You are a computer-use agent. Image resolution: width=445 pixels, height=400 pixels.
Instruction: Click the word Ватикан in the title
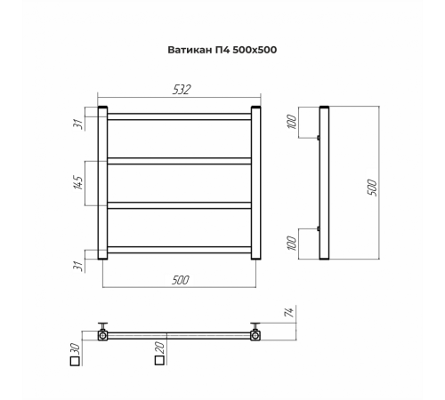pyautogui.click(x=190, y=50)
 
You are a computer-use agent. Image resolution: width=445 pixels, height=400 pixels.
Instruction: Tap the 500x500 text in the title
pyautogui.click(x=255, y=50)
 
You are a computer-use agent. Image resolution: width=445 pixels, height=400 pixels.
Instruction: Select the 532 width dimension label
pyautogui.click(x=182, y=90)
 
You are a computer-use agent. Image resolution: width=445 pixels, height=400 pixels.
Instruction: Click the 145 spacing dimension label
pyautogui.click(x=78, y=182)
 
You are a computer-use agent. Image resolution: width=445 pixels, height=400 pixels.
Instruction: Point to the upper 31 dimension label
pyautogui.click(x=77, y=124)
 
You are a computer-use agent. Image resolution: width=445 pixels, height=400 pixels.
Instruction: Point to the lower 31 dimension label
pyautogui.click(x=77, y=266)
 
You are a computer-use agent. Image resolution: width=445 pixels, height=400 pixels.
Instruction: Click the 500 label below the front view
pyautogui.click(x=181, y=280)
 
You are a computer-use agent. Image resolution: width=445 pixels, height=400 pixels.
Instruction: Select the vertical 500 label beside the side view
pyautogui.click(x=372, y=188)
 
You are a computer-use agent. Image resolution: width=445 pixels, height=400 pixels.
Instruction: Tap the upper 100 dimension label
pyautogui.click(x=292, y=122)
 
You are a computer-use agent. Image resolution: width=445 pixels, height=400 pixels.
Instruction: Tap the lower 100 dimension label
pyautogui.click(x=292, y=243)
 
